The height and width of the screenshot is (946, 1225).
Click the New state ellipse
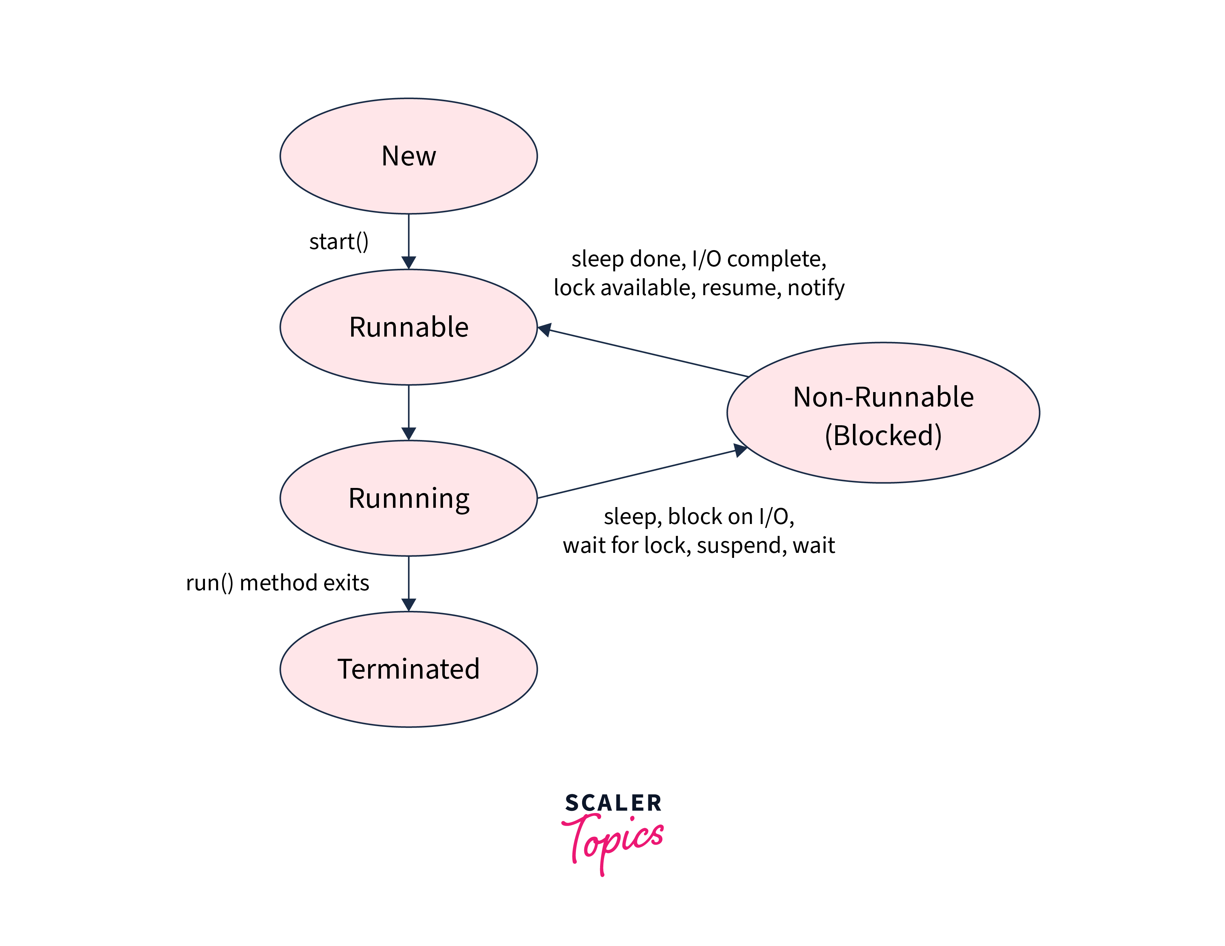(408, 156)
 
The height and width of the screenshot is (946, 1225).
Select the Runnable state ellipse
(408, 327)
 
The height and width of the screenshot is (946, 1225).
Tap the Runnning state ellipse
(408, 498)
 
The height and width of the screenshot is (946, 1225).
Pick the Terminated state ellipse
(408, 669)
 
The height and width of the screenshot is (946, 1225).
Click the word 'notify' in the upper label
(816, 288)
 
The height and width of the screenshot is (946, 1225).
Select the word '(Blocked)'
(883, 435)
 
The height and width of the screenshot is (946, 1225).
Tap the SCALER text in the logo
(613, 803)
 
